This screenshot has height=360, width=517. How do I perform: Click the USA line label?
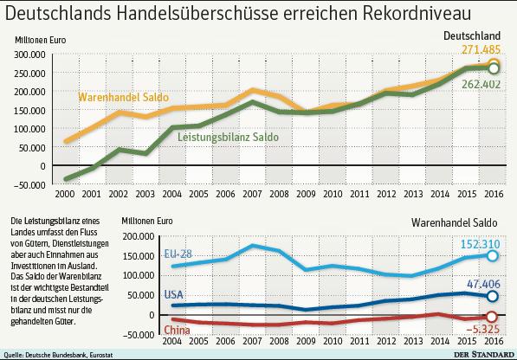(x=173, y=295)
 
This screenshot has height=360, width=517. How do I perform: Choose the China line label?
(x=176, y=330)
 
